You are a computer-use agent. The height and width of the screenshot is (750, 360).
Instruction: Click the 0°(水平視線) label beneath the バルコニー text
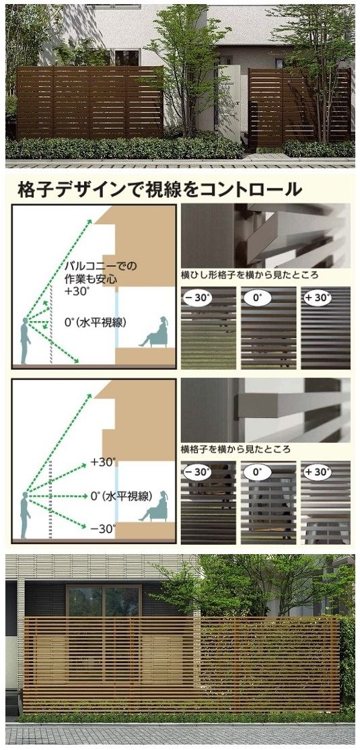95,323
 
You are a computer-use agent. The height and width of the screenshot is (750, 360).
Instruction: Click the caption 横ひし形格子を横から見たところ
250,275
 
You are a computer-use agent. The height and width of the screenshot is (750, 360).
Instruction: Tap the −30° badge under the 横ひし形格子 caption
197,298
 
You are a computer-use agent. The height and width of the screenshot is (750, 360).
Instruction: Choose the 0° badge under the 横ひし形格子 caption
257,298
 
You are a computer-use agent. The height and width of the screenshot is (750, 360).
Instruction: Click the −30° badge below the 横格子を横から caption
197,473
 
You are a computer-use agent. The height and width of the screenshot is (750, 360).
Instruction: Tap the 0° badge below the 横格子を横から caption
257,473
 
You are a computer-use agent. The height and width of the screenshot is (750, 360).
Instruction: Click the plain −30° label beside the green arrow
103,529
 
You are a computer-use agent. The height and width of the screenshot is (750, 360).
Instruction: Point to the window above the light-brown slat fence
104,601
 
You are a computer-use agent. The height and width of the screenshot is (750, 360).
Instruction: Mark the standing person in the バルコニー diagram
24,341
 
